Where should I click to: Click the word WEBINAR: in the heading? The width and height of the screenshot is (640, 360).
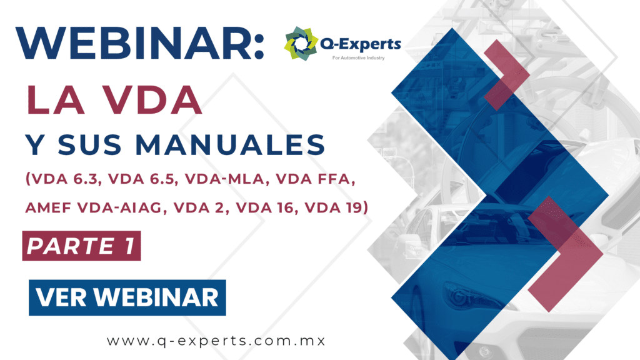tap(140, 44)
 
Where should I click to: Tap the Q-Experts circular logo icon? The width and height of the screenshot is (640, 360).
tap(301, 44)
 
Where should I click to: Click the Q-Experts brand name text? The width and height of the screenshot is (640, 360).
tap(361, 44)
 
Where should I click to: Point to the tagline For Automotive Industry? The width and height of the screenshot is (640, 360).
tap(358, 58)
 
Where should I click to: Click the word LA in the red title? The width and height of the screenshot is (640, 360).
tap(56, 100)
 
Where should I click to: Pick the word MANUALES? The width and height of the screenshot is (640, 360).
tap(230, 144)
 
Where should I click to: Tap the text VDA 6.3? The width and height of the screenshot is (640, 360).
tap(65, 179)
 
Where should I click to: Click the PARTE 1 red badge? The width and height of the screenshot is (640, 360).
tap(82, 246)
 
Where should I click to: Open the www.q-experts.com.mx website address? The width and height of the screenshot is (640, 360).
tap(216, 341)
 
